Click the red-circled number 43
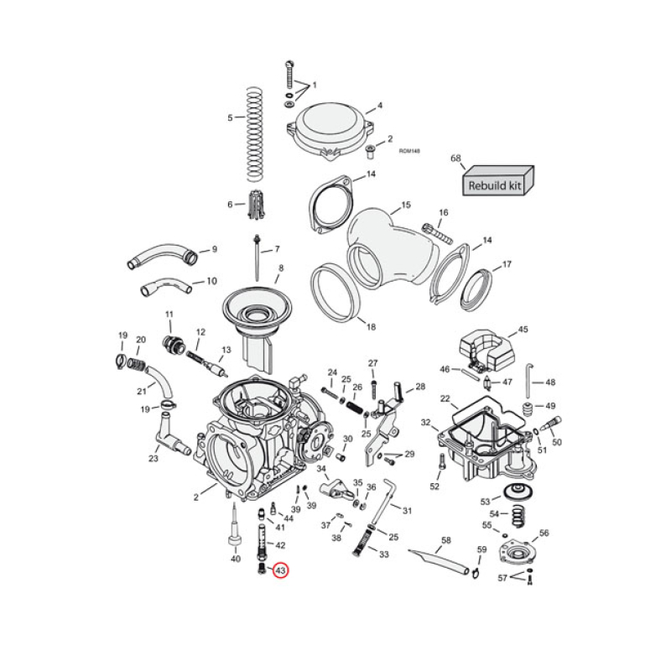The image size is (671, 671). pos(280,570)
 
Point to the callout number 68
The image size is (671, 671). pos(456,158)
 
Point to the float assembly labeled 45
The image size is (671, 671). pos(486,349)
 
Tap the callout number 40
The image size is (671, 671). pos(235,559)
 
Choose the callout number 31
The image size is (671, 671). pos(408,511)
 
